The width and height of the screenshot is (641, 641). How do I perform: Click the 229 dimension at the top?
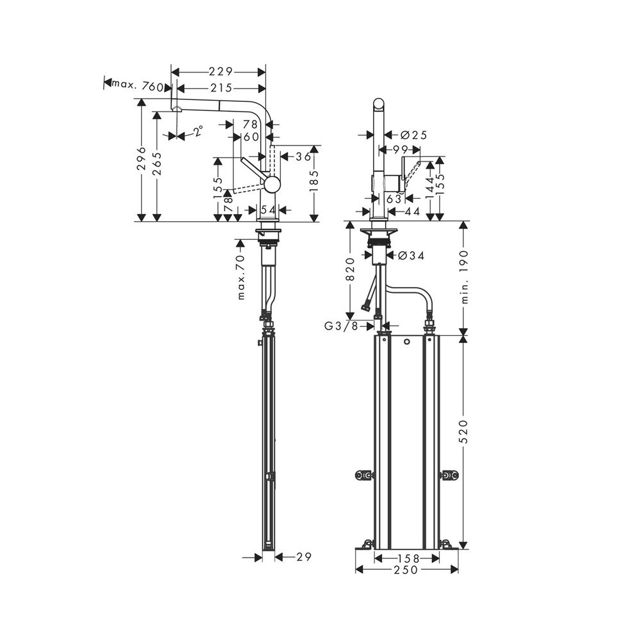pos(219,72)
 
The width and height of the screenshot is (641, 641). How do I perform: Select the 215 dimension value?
pos(219,88)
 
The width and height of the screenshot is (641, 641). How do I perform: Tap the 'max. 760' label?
pos(137,85)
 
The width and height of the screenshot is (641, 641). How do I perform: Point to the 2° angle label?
pos(198,131)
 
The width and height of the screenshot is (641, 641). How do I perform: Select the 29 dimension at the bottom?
pos(304,557)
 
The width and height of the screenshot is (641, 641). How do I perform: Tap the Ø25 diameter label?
pos(413,135)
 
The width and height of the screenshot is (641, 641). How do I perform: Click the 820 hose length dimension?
pos(350,269)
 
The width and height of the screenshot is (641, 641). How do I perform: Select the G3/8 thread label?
pos(341,326)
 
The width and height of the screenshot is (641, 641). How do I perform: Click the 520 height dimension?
pos(464,432)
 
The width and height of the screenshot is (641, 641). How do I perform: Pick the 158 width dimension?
pos(407,558)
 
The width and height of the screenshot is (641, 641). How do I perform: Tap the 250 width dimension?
pos(407,569)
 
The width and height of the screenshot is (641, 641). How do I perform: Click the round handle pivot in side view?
pos(272,185)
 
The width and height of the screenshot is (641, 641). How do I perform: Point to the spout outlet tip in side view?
pos(176,110)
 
